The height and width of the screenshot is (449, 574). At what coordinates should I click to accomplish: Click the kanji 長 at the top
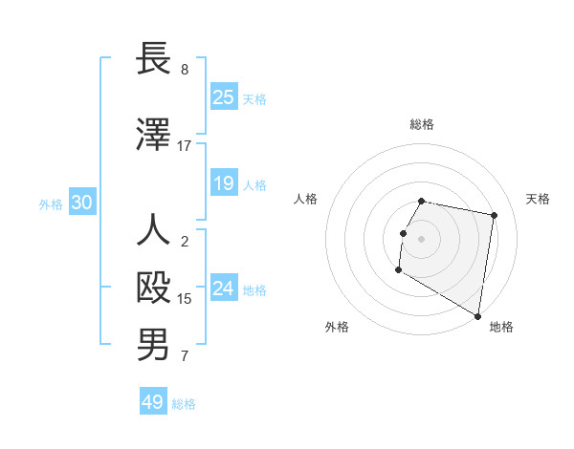coord(153,58)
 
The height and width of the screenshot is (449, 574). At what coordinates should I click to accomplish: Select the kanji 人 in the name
coord(153,231)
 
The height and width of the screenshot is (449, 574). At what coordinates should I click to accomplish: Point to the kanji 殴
coord(153,288)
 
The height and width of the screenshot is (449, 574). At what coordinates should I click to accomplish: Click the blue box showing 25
coord(224,97)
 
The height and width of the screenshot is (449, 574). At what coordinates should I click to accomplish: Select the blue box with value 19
coord(224,183)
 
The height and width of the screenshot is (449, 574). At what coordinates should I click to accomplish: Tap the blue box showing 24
coord(224,289)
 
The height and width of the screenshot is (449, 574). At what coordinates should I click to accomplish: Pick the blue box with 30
coord(81,203)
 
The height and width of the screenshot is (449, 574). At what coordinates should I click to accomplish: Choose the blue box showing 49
coord(153,402)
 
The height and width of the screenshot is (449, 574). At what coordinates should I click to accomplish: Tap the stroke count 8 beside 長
coord(184,70)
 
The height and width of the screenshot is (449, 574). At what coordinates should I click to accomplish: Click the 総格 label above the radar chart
coord(422,124)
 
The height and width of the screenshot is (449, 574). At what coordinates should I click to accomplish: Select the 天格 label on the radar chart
coord(538,199)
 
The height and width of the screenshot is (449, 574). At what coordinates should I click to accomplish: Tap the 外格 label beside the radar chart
coord(337,327)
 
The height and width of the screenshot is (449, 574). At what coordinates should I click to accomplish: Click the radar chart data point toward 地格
coord(478,316)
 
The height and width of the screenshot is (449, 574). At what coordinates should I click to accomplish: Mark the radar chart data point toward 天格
coord(494,216)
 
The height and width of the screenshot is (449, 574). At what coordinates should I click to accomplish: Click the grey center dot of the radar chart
coord(422,239)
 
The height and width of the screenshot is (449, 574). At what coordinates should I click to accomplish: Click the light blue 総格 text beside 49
coord(184,404)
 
